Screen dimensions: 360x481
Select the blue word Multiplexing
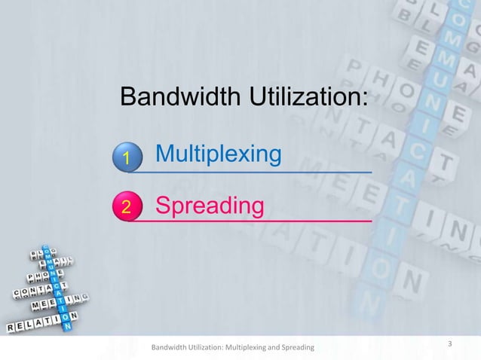[219, 154]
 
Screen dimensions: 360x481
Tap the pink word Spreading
[210, 204]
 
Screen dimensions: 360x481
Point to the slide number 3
[449, 345]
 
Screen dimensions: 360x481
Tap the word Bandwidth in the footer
[170, 348]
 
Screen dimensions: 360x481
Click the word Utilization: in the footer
[207, 348]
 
